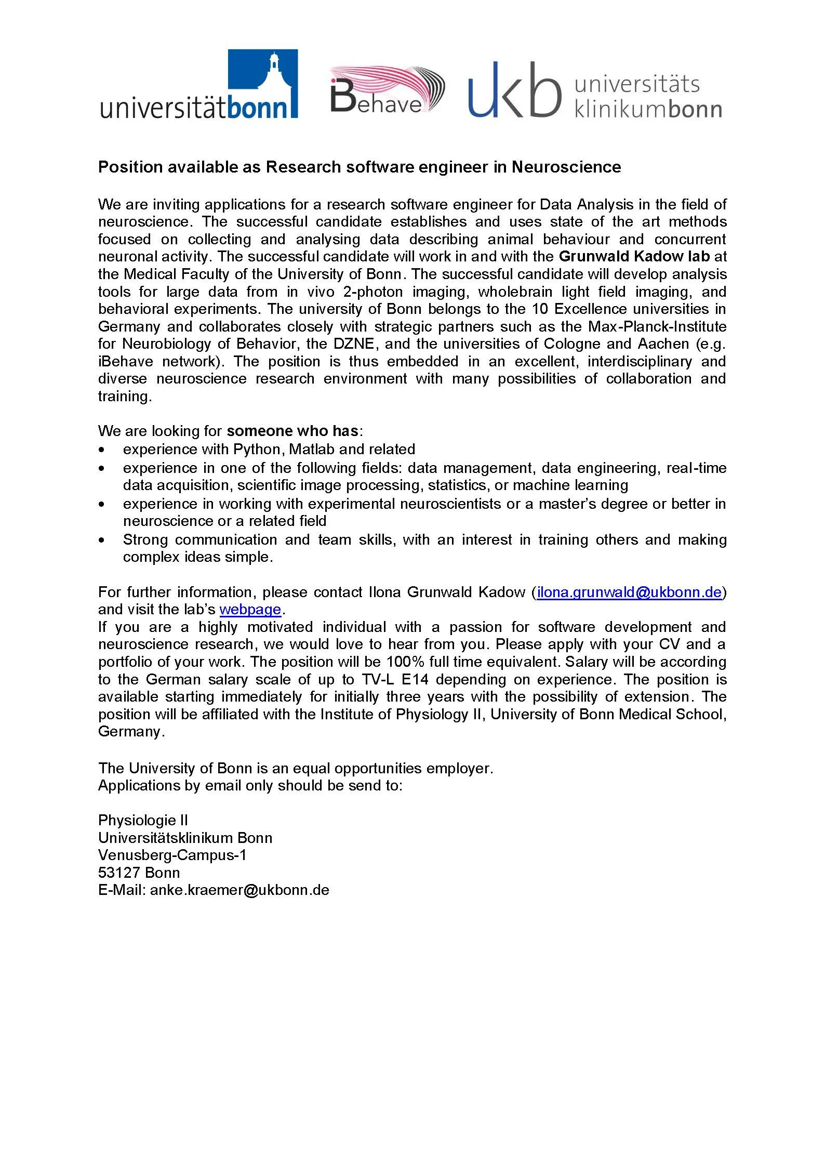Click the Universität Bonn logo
pyautogui.click(x=199, y=85)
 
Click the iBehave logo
pyautogui.click(x=387, y=89)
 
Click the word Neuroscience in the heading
pyautogui.click(x=566, y=167)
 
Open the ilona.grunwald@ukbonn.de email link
pyautogui.click(x=629, y=592)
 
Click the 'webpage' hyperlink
pyautogui.click(x=250, y=609)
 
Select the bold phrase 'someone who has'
pyautogui.click(x=292, y=431)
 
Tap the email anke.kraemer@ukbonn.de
pyautogui.click(x=239, y=890)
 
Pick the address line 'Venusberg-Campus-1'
pyautogui.click(x=172, y=855)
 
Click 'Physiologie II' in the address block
pyautogui.click(x=143, y=820)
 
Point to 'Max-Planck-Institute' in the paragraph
pyautogui.click(x=657, y=326)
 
